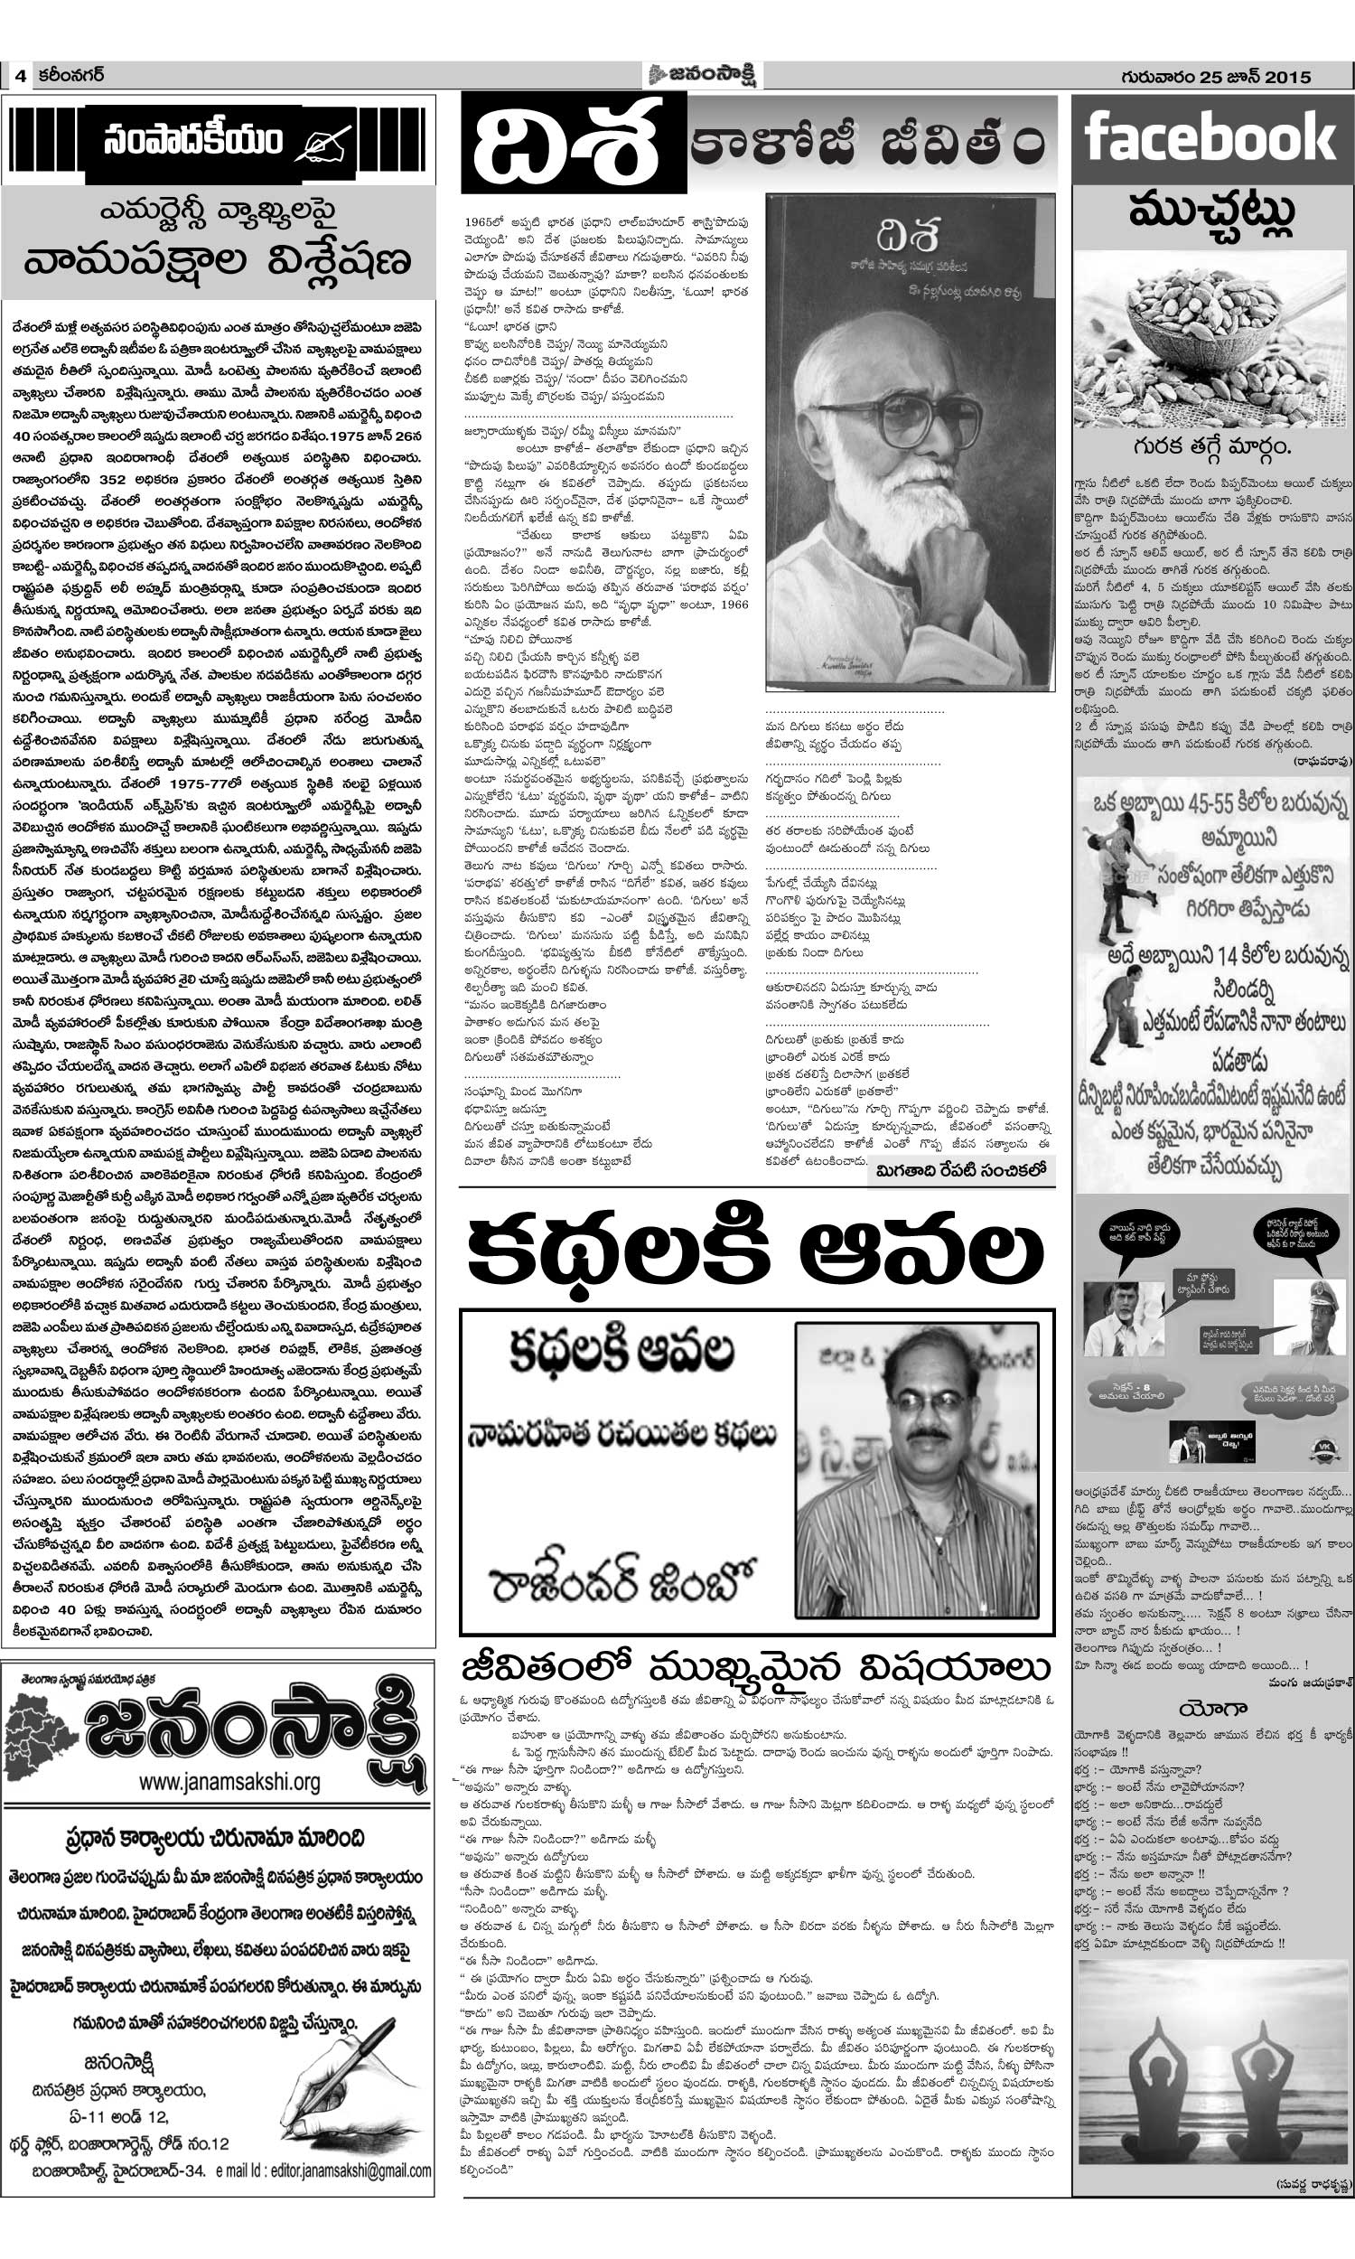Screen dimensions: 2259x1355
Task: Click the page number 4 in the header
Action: (x=19, y=77)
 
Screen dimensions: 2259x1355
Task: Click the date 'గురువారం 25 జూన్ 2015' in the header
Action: (x=1215, y=77)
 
